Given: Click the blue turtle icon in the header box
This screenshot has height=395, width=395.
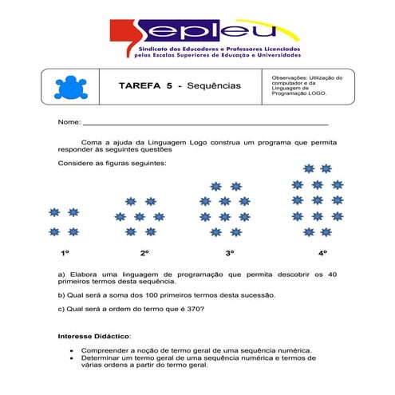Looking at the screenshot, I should (67, 86).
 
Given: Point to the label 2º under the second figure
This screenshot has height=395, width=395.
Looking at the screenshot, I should (144, 253).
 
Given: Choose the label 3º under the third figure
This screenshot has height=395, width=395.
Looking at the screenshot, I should (229, 253).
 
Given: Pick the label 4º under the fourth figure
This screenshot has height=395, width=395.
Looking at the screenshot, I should (322, 253).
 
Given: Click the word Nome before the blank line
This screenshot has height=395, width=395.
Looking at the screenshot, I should (68, 123).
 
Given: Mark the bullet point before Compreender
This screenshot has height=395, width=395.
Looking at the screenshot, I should (72, 350).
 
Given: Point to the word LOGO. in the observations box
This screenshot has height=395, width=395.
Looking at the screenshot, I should (315, 93).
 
